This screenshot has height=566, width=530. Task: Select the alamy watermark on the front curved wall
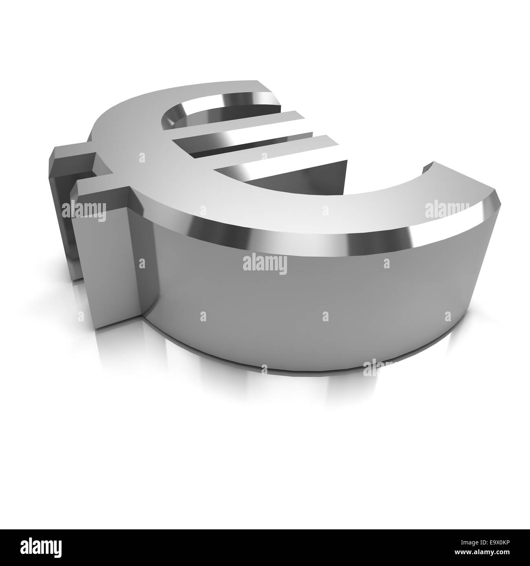pos(265,265)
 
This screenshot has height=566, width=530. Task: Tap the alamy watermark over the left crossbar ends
pos(84,211)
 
